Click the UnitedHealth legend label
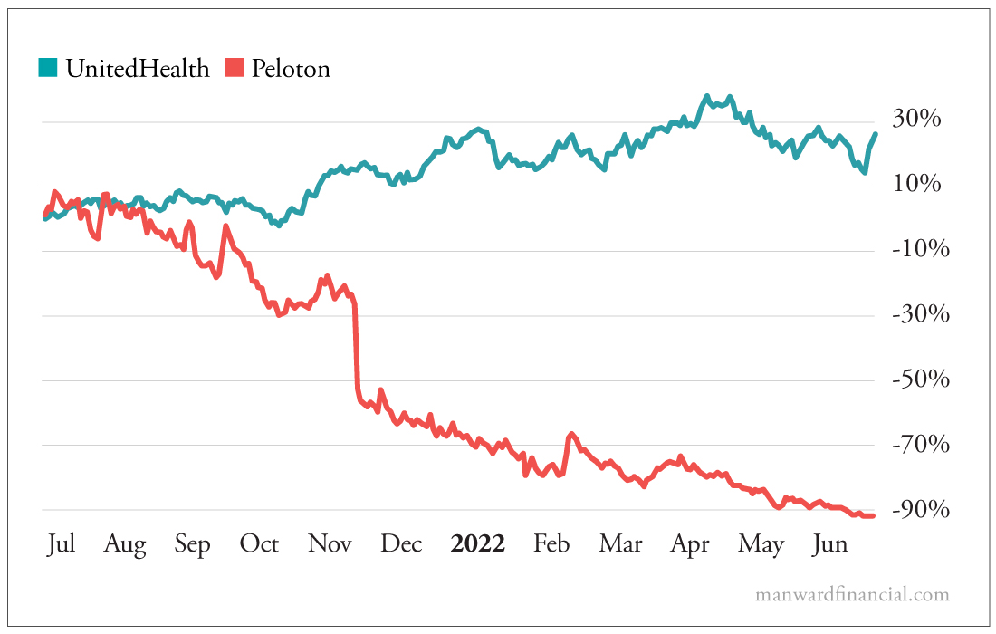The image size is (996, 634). (137, 68)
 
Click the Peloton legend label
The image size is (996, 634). (291, 68)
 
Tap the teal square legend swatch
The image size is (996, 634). (49, 68)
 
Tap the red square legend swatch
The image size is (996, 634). (235, 68)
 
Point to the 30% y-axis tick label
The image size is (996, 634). (918, 120)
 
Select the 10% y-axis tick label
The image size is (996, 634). (918, 185)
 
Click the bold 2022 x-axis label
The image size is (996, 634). (478, 543)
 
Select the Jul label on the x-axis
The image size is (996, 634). (61, 543)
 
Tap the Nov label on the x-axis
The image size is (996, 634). (330, 543)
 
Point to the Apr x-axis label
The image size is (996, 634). (690, 543)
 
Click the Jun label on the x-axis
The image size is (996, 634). (830, 543)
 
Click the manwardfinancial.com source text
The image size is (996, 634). (852, 595)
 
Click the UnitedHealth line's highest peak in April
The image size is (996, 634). (707, 96)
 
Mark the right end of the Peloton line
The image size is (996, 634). (873, 515)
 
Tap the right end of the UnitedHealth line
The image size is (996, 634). (875, 134)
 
